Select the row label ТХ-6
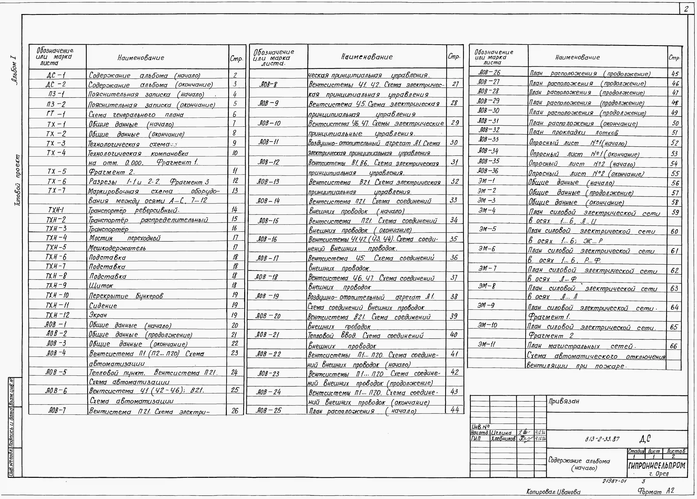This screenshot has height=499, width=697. point(56,181)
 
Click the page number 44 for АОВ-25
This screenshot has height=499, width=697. point(454,410)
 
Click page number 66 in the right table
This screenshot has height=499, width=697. point(673,346)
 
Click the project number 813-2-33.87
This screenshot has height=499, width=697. point(602,439)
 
